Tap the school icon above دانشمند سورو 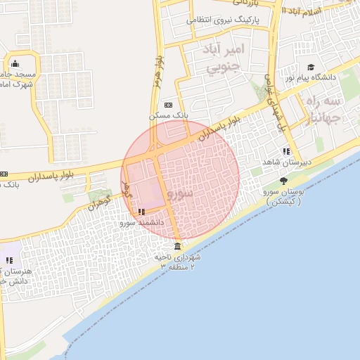click(141, 211)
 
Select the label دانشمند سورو click(141, 222)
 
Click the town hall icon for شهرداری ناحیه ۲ click(176, 247)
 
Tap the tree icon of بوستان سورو click(283, 181)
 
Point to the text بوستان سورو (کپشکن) click(285, 196)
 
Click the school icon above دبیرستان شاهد click(285, 151)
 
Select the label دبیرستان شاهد click(285, 162)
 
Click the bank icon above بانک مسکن click(167, 104)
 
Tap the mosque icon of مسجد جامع click(15, 65)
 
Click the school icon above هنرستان click(9, 260)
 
